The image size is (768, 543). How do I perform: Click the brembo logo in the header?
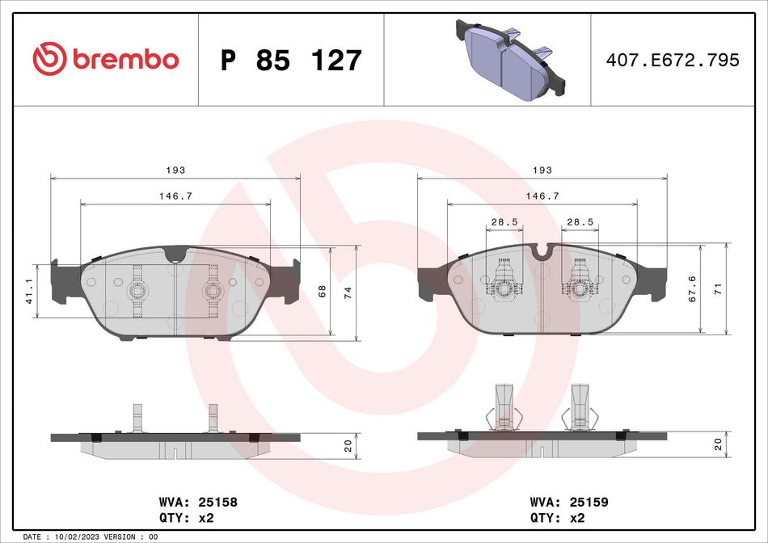(x=106, y=59)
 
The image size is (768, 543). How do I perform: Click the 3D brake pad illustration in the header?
(x=512, y=59)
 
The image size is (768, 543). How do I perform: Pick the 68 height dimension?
(x=323, y=291)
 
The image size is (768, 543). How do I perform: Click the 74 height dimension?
(x=348, y=293)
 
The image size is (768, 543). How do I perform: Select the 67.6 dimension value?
(x=692, y=289)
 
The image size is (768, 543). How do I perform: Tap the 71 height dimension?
(x=718, y=288)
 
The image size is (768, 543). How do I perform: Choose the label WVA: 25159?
(x=568, y=502)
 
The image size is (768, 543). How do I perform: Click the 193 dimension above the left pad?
(x=176, y=170)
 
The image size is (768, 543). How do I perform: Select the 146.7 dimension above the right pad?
(x=542, y=196)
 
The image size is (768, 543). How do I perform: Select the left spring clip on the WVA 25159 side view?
(x=502, y=409)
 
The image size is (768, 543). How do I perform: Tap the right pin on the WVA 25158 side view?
(x=213, y=418)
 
